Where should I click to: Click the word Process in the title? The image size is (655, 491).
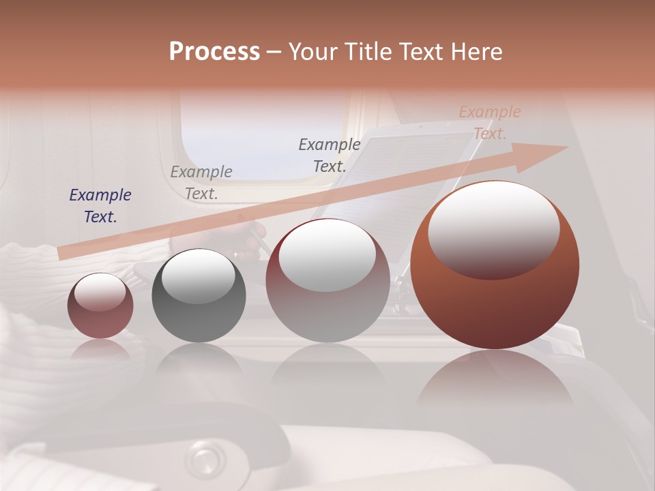214,51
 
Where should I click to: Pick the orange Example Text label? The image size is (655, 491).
490,123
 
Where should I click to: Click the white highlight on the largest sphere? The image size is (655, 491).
493,228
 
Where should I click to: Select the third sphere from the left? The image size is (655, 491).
327,281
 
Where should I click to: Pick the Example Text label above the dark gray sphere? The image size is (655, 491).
201,183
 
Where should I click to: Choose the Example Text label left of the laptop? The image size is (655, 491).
330,155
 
